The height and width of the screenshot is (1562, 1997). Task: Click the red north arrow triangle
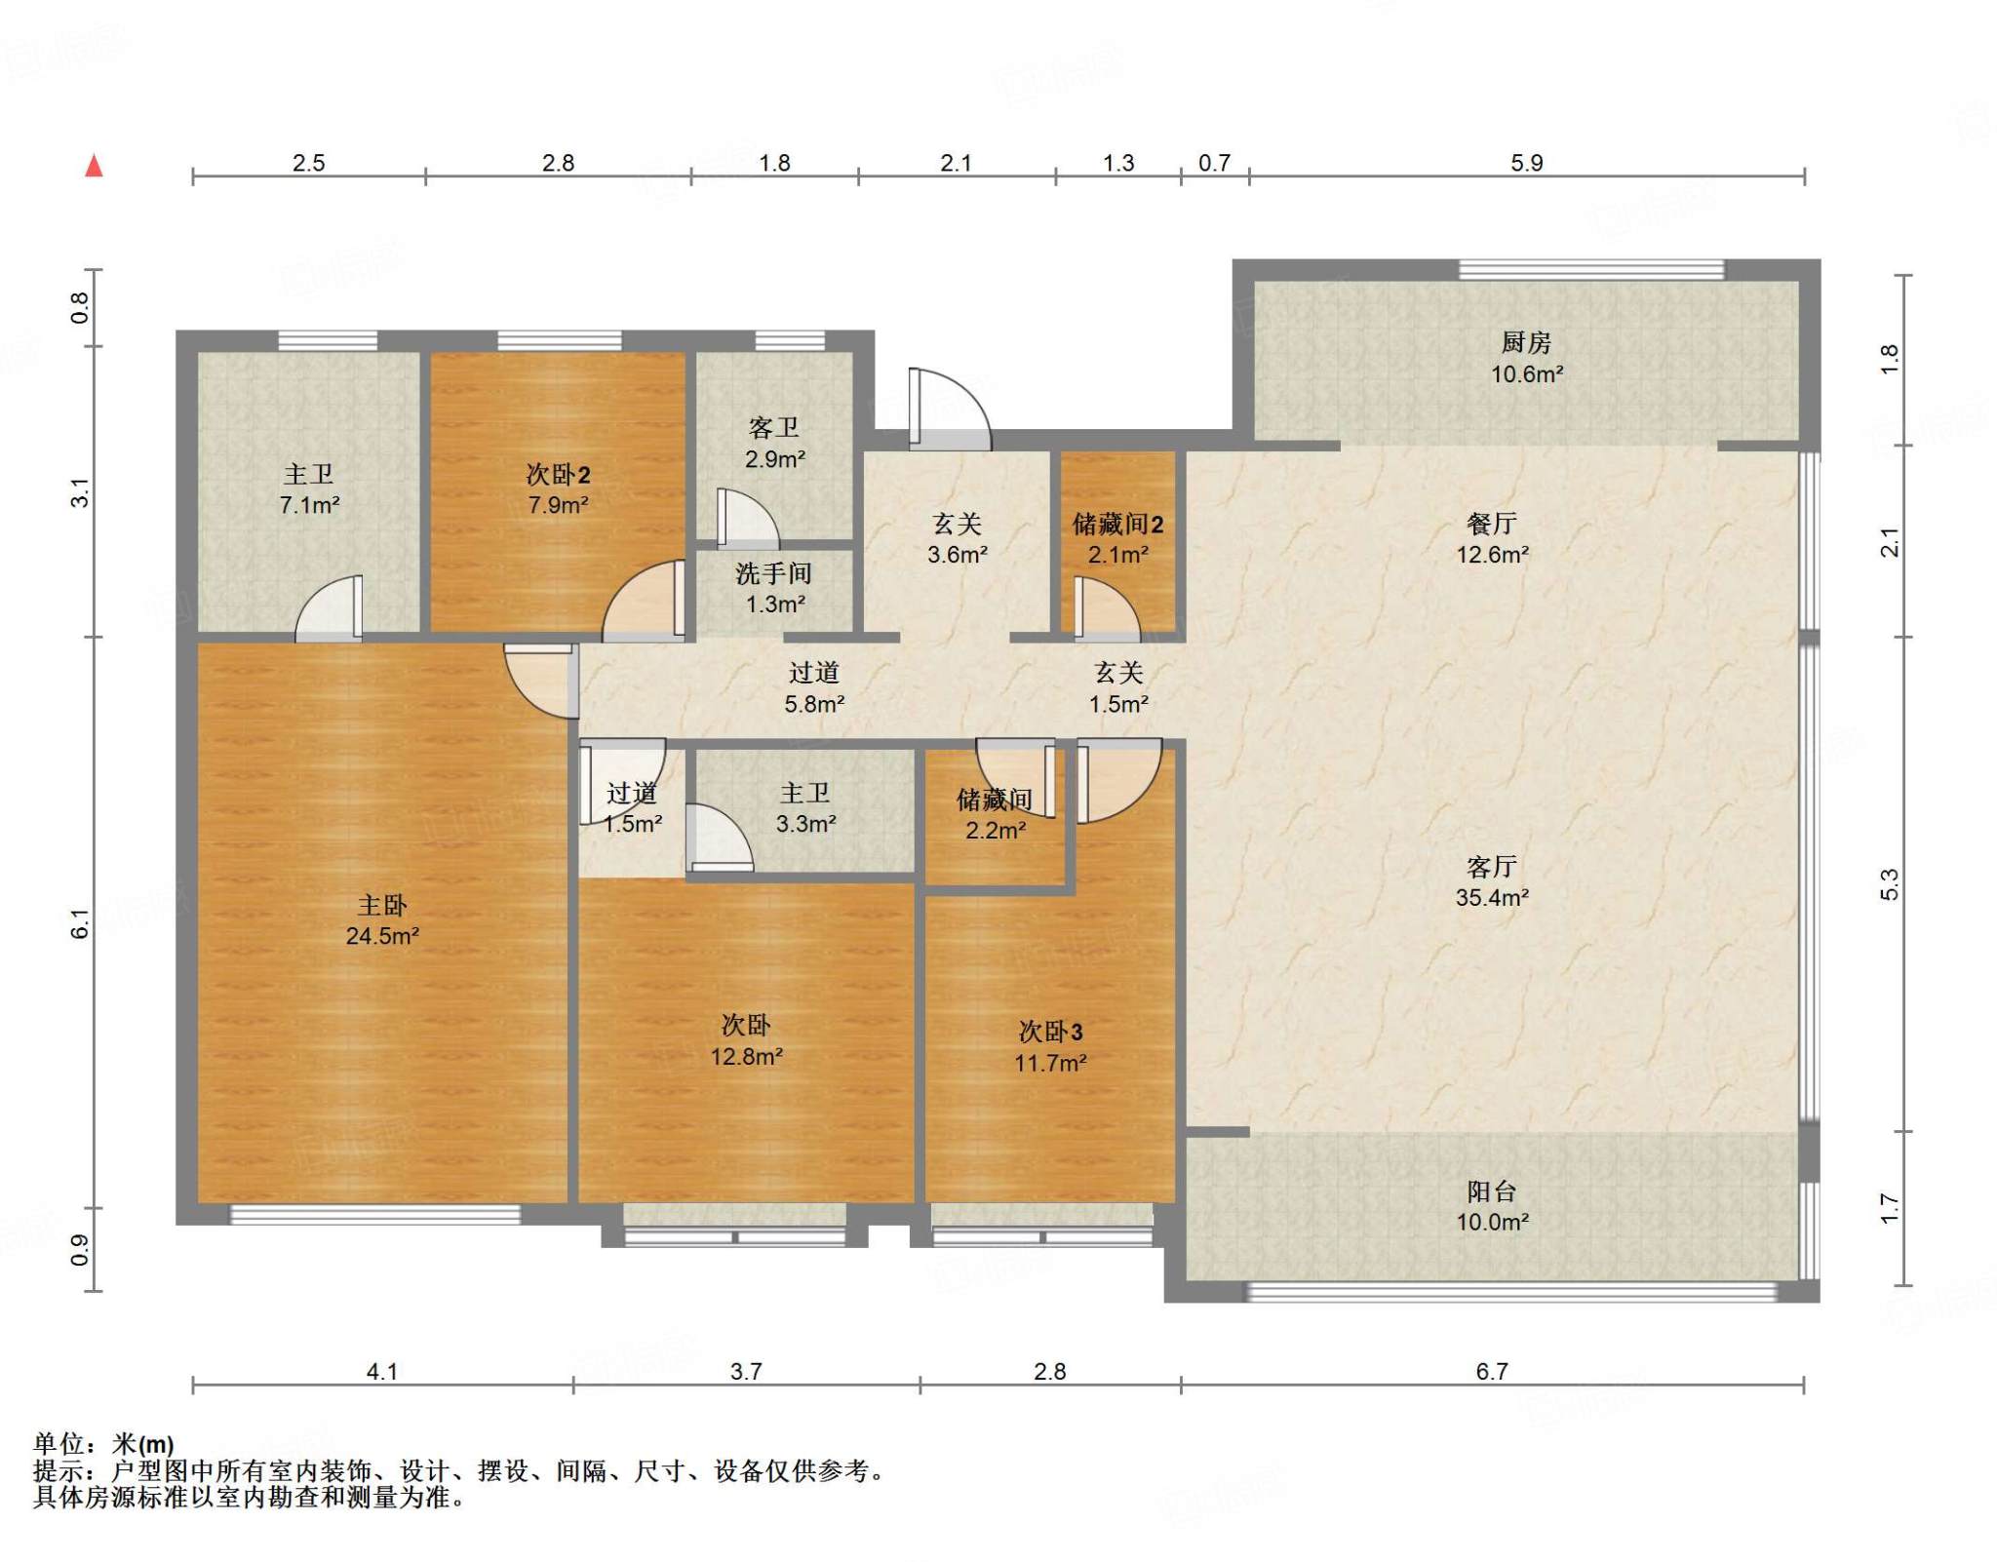(x=95, y=166)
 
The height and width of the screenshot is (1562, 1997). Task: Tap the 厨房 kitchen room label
(x=1526, y=342)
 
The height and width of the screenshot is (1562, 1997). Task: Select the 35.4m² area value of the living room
(x=1492, y=898)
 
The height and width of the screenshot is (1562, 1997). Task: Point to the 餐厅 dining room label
(x=1492, y=524)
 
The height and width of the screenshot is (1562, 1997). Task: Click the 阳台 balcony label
(x=1492, y=1191)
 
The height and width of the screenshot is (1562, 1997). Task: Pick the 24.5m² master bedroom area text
(x=382, y=936)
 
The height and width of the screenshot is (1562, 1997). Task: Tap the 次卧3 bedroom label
(x=1050, y=1032)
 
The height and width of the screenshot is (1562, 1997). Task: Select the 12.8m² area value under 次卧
(x=746, y=1056)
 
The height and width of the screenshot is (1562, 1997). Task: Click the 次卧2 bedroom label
(x=558, y=475)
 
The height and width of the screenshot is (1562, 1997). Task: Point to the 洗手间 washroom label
(x=774, y=573)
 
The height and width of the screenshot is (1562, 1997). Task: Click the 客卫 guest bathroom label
(x=774, y=427)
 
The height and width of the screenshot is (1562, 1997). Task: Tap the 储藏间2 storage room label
(x=1117, y=525)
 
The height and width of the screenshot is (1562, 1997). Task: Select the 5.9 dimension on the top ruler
(x=1527, y=163)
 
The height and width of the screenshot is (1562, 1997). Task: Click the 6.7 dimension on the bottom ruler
(x=1492, y=1372)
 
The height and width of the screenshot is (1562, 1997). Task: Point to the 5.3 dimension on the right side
(x=1890, y=884)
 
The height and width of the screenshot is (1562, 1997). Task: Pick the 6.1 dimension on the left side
(x=80, y=923)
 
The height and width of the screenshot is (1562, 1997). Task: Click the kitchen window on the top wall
(x=1591, y=269)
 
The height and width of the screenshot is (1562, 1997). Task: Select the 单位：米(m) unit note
(x=103, y=1444)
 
